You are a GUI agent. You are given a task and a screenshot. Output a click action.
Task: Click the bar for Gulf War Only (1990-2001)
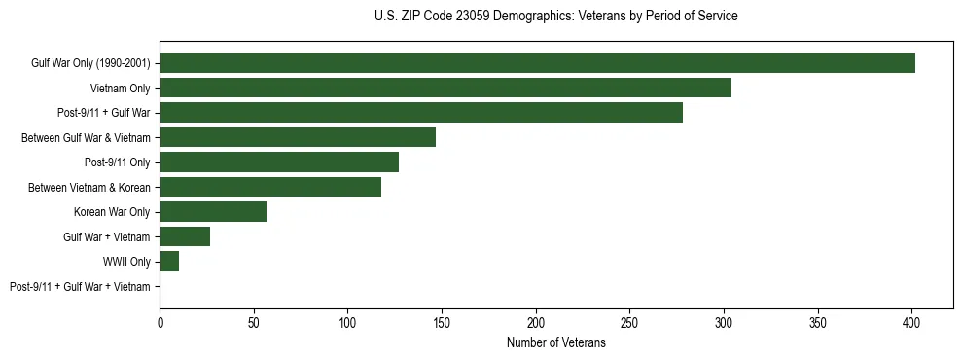537,63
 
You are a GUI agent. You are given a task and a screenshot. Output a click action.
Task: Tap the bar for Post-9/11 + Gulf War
421,113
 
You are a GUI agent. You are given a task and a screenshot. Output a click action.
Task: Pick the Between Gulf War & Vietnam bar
298,138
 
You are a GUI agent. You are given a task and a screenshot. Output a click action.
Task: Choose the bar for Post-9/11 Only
279,162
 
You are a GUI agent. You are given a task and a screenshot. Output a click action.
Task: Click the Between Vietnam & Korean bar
270,188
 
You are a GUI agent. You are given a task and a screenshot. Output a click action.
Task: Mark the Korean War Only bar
213,212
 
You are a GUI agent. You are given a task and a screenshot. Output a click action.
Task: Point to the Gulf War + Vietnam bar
185,236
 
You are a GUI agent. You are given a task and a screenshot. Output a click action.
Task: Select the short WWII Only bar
169,262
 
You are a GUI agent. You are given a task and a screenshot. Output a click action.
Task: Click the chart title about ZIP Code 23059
555,17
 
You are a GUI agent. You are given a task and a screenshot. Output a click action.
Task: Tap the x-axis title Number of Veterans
555,343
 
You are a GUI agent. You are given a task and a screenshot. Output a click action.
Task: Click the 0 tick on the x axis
160,320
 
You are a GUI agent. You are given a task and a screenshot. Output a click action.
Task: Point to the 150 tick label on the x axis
442,320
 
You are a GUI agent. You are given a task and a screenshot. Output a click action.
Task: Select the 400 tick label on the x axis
911,320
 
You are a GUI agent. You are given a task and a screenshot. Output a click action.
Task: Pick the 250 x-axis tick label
629,320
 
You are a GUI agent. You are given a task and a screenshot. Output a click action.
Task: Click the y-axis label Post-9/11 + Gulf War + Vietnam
80,287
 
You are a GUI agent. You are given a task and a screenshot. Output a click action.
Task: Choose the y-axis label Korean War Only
112,212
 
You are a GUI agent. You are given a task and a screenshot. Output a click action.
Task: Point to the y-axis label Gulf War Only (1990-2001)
91,63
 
